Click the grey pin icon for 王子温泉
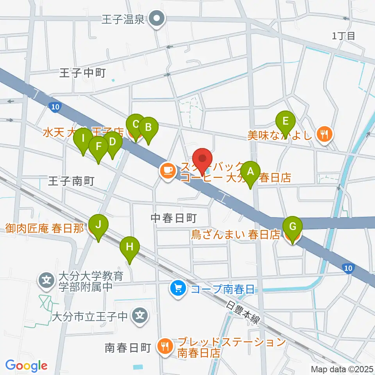pyautogui.click(x=158, y=18)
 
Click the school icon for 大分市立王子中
pyautogui.click(x=140, y=314)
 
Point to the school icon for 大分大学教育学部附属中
pyautogui.click(x=46, y=280)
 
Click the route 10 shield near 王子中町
pyautogui.click(x=55, y=107)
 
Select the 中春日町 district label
pyautogui.click(x=173, y=218)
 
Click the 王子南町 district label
pyautogui.click(x=71, y=180)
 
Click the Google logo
pyautogui.click(x=26, y=366)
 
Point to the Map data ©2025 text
pyautogui.click(x=341, y=368)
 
